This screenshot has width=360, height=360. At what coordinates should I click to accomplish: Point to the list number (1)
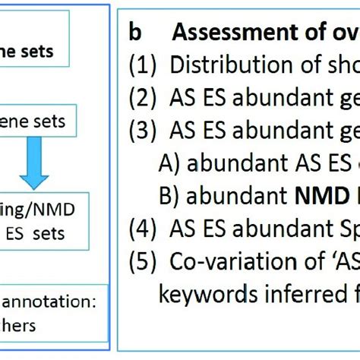tap(142, 65)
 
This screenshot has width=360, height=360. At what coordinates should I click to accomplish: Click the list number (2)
tap(142, 98)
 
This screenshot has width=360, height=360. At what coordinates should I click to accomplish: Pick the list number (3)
tap(142, 131)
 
